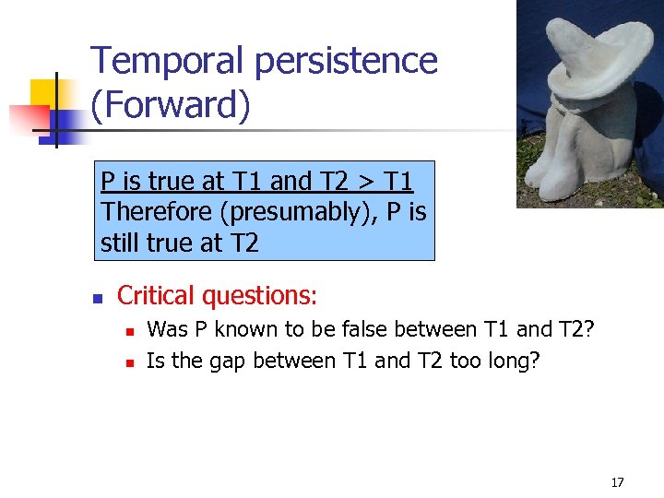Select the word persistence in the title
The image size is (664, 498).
point(346,61)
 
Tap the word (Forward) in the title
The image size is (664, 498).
point(171,105)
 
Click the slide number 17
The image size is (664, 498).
point(617,482)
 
